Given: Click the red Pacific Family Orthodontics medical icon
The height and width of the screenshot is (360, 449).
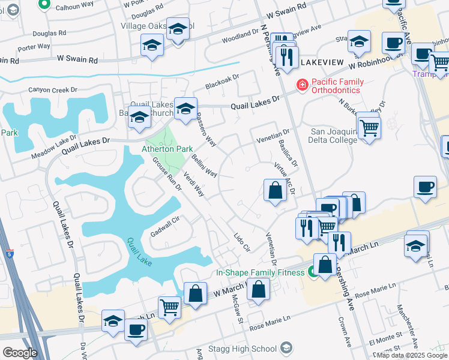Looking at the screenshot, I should pos(303,85).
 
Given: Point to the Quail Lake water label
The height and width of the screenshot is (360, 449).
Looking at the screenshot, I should pos(139,253).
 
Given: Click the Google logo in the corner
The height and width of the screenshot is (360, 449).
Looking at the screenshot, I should pos(20,353).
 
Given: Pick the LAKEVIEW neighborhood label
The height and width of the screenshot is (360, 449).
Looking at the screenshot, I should pos(321,63).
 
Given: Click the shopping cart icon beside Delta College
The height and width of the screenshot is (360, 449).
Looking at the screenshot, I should pos(369,127).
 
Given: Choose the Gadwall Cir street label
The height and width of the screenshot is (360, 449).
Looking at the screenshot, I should pos(165,227).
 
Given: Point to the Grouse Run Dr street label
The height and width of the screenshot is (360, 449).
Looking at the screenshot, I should pos(167,175).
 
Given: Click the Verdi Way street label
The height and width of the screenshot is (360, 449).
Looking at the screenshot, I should pos(194,185).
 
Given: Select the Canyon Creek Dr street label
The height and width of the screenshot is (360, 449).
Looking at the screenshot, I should pos(53,90).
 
